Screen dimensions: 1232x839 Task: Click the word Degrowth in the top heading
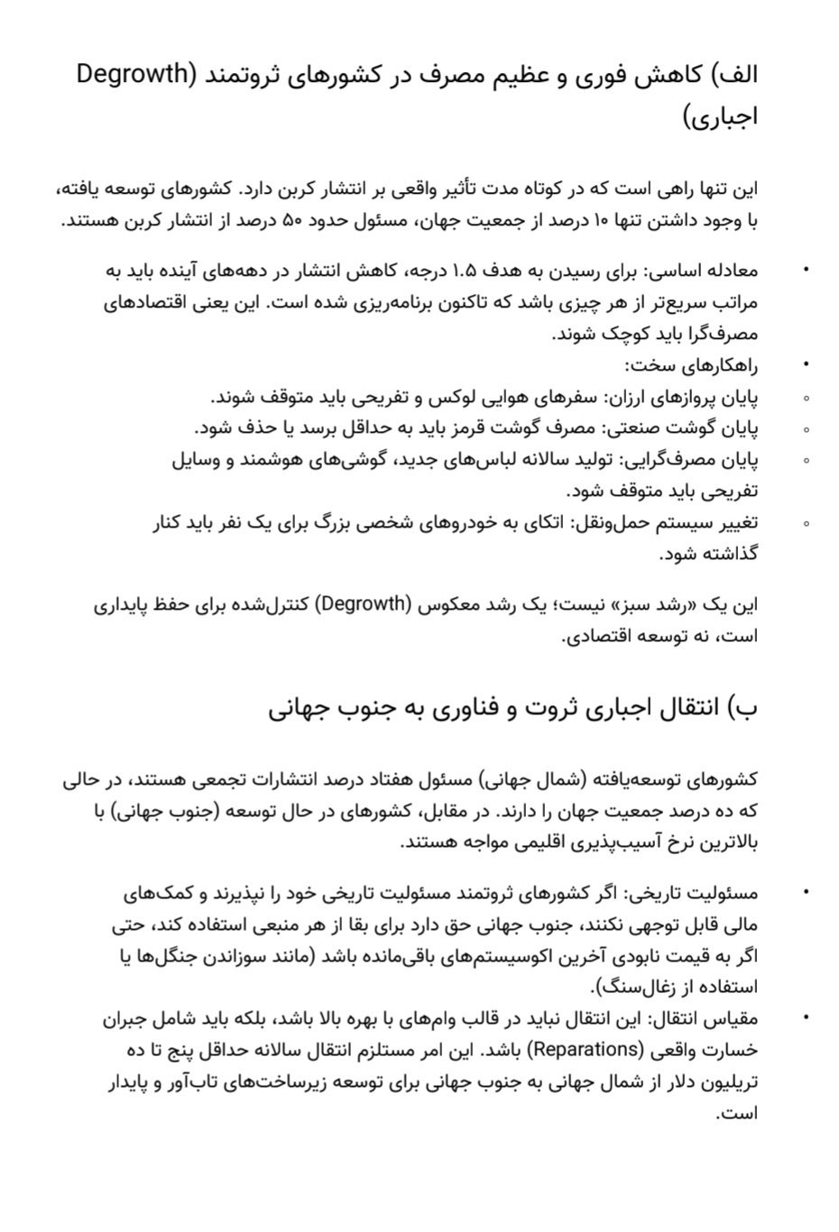coord(131,74)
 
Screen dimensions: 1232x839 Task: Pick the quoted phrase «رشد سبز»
coord(655,604)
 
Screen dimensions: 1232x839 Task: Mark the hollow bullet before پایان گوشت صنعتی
coord(806,429)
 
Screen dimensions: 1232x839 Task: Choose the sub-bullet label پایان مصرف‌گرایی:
coord(687,460)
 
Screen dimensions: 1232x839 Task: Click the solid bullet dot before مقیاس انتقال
coord(806,1018)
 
